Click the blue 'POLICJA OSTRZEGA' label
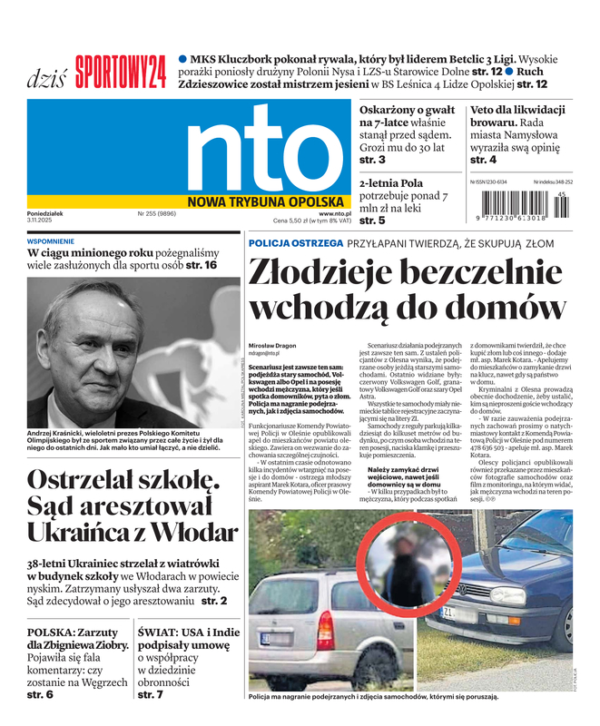coord(296,243)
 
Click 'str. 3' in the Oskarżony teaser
coord(372,160)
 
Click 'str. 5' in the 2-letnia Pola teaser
coord(372,221)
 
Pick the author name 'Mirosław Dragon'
coord(273,347)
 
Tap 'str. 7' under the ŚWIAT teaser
coord(151,694)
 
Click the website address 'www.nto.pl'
coord(335,213)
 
